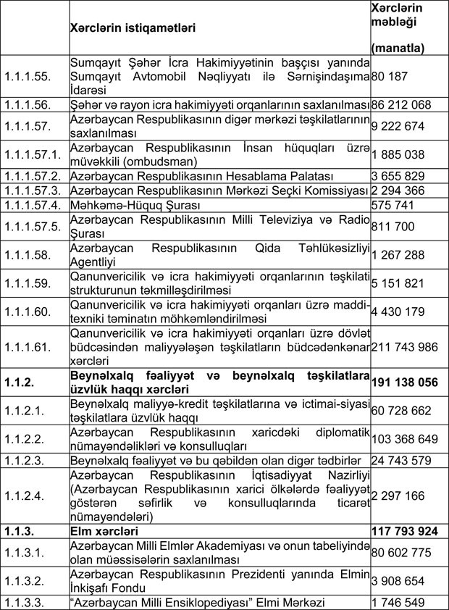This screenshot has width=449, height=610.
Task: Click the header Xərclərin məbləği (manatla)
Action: [397, 28]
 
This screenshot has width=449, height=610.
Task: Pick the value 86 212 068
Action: [402, 105]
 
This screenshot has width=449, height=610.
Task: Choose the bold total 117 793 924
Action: [404, 531]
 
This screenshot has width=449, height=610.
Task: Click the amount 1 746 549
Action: [397, 602]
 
